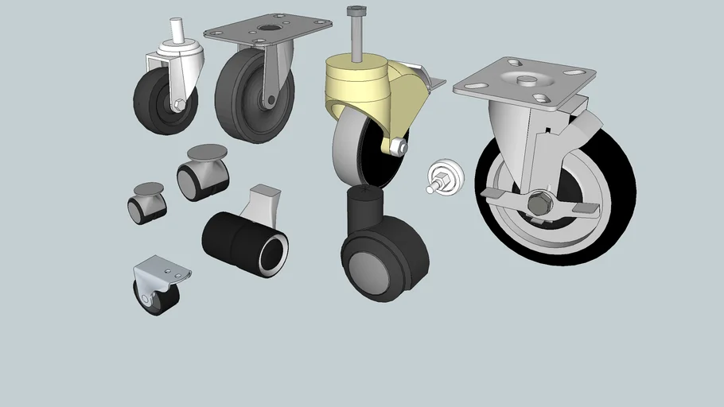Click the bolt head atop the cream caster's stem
coord(355,12)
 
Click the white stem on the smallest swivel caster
coord(175,32)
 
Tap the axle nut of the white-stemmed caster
coord(180,104)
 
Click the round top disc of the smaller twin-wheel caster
coord(149,188)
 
